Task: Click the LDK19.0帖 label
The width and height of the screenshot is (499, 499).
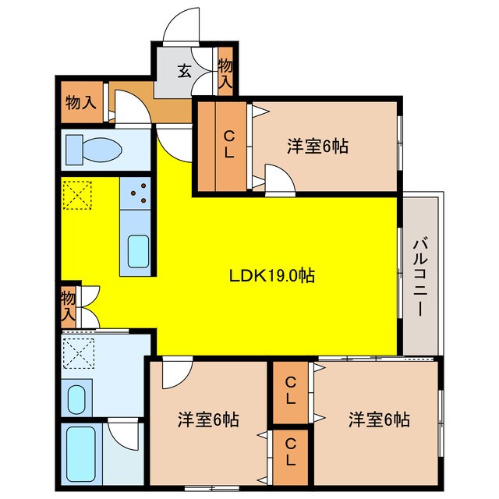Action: (271, 276)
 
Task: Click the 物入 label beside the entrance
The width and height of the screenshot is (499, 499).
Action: (225, 73)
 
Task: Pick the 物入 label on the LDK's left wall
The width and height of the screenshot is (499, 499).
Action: (69, 306)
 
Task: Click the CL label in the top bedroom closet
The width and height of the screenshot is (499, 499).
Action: (228, 145)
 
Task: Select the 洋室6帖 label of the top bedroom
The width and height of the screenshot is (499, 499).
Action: (317, 145)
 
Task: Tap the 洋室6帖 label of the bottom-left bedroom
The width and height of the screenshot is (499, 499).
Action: (208, 419)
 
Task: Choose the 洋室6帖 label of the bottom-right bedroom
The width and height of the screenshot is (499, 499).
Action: (378, 419)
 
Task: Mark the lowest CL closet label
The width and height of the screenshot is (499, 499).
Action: (290, 451)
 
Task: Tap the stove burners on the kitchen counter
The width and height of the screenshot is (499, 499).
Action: (139, 193)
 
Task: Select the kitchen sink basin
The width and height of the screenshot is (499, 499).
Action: (138, 251)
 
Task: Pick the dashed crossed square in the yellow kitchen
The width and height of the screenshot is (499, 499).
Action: (78, 195)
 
